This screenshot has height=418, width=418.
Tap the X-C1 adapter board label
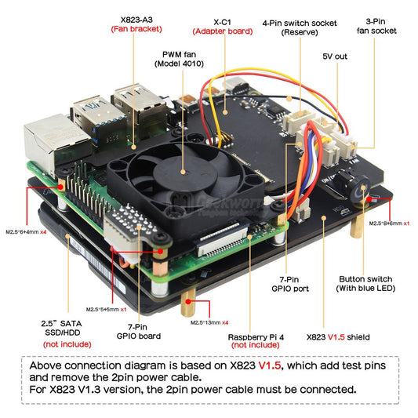pos(222,26)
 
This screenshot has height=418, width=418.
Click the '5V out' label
pos(335,56)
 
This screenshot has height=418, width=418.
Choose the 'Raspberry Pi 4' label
pos(254,339)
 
